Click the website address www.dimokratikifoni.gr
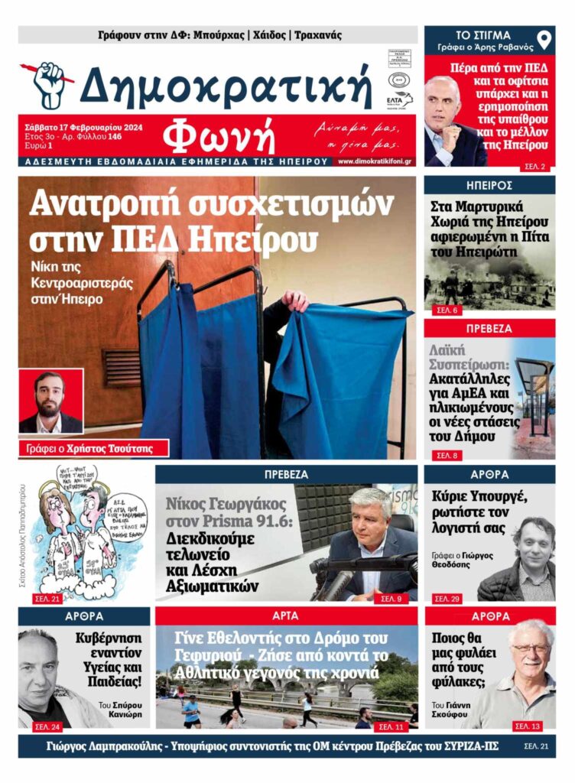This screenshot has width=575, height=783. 375,161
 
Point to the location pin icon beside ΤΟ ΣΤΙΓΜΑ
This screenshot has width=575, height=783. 544,41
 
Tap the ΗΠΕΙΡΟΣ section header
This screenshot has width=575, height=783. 489,185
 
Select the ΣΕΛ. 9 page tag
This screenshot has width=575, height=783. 390,597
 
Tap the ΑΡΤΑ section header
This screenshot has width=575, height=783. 286,616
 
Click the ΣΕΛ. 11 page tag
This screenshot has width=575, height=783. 390,726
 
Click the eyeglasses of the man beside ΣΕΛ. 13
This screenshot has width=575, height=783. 531,648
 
